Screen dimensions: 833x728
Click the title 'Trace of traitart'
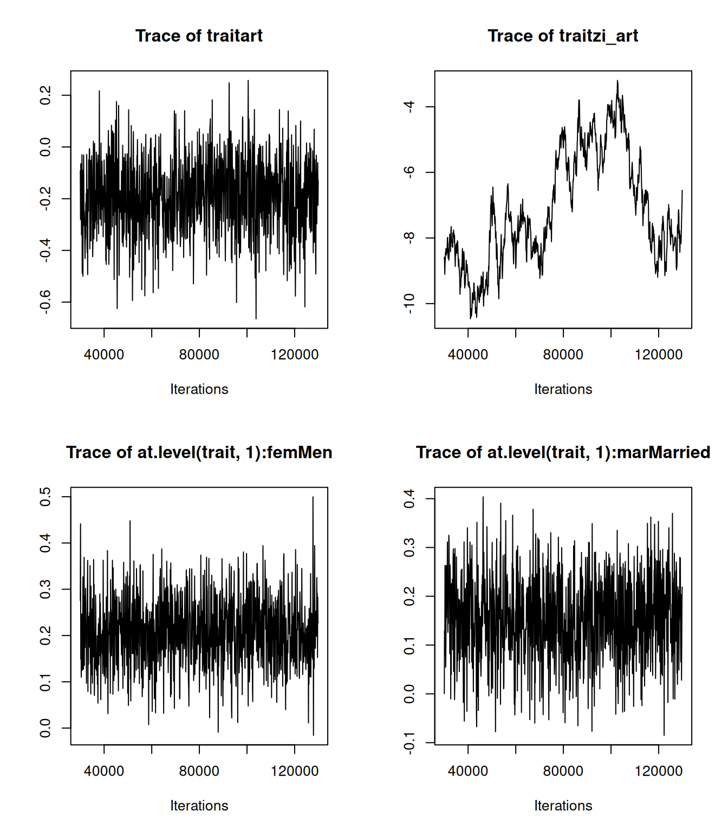click(199, 36)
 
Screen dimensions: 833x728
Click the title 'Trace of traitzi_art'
click(563, 36)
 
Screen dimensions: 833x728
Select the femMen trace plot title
click(199, 452)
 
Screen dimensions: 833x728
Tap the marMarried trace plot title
click(563, 452)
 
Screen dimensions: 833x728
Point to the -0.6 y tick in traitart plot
click(45, 302)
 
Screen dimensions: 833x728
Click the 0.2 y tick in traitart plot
click(45, 95)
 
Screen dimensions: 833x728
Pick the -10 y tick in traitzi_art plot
click(409, 304)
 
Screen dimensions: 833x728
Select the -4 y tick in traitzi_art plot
click(409, 106)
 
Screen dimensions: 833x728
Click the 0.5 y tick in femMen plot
click(45, 497)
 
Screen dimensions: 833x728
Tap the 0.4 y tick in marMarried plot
click(409, 499)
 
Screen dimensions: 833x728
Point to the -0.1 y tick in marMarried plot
click(409, 742)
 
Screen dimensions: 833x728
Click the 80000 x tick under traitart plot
click(199, 355)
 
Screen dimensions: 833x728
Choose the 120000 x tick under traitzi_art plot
click(658, 355)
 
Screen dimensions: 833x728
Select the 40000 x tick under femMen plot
click(104, 771)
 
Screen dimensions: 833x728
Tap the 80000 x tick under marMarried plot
click(563, 771)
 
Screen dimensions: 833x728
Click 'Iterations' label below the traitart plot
click(199, 389)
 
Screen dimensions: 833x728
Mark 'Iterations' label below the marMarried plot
click(563, 806)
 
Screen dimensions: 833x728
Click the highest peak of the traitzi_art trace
click(617, 81)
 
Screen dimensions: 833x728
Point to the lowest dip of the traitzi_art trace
click(471, 318)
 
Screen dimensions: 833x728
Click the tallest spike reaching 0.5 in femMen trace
click(313, 497)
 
